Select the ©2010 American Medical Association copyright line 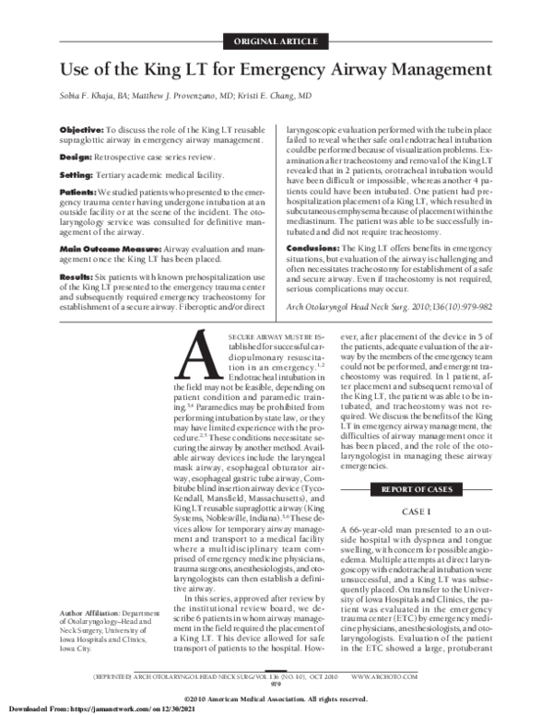click(x=276, y=696)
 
